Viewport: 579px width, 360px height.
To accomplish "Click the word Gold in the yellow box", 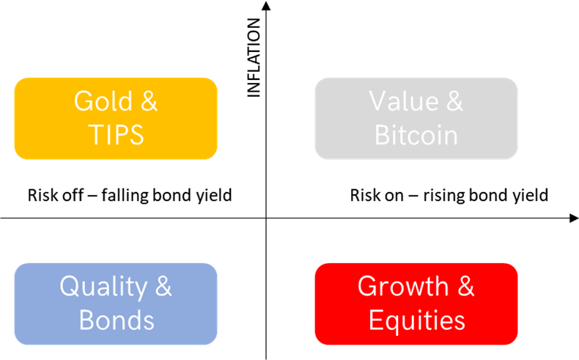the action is [x=103, y=100].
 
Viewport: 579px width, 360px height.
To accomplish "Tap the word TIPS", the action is [x=116, y=135].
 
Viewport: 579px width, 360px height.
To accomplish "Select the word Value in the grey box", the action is [x=404, y=100].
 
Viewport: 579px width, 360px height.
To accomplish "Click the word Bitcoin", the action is [x=416, y=135].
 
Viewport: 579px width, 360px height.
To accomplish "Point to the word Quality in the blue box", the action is [x=103, y=287].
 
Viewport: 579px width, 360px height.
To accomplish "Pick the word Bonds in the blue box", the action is [x=117, y=320].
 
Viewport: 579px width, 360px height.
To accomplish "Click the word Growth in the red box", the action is [x=403, y=286].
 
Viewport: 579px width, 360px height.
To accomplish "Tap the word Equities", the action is [x=416, y=321].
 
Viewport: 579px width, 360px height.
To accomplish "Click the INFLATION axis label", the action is [x=254, y=58].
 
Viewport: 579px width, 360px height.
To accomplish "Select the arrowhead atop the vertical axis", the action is [x=266, y=5].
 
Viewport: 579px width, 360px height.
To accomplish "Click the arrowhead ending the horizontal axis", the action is [x=574, y=218].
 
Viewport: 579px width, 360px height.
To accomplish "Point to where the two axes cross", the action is [x=266, y=218].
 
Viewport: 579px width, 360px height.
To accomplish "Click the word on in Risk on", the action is [x=394, y=196].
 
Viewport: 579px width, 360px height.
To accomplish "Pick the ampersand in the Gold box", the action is [x=149, y=100].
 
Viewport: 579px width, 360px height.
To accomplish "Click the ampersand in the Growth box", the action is [x=466, y=286].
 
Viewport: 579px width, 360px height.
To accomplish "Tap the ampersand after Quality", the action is [x=163, y=286].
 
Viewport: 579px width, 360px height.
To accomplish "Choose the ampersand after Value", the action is [x=454, y=100].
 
